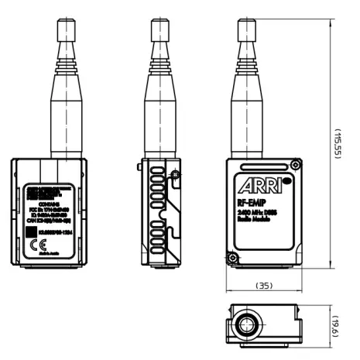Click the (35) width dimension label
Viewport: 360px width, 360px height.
pos(264,286)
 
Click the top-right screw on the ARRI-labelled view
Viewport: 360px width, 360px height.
pos(296,163)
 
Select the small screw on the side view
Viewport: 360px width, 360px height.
pos(177,177)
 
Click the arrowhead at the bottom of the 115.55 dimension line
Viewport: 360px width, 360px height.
pos(331,268)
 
